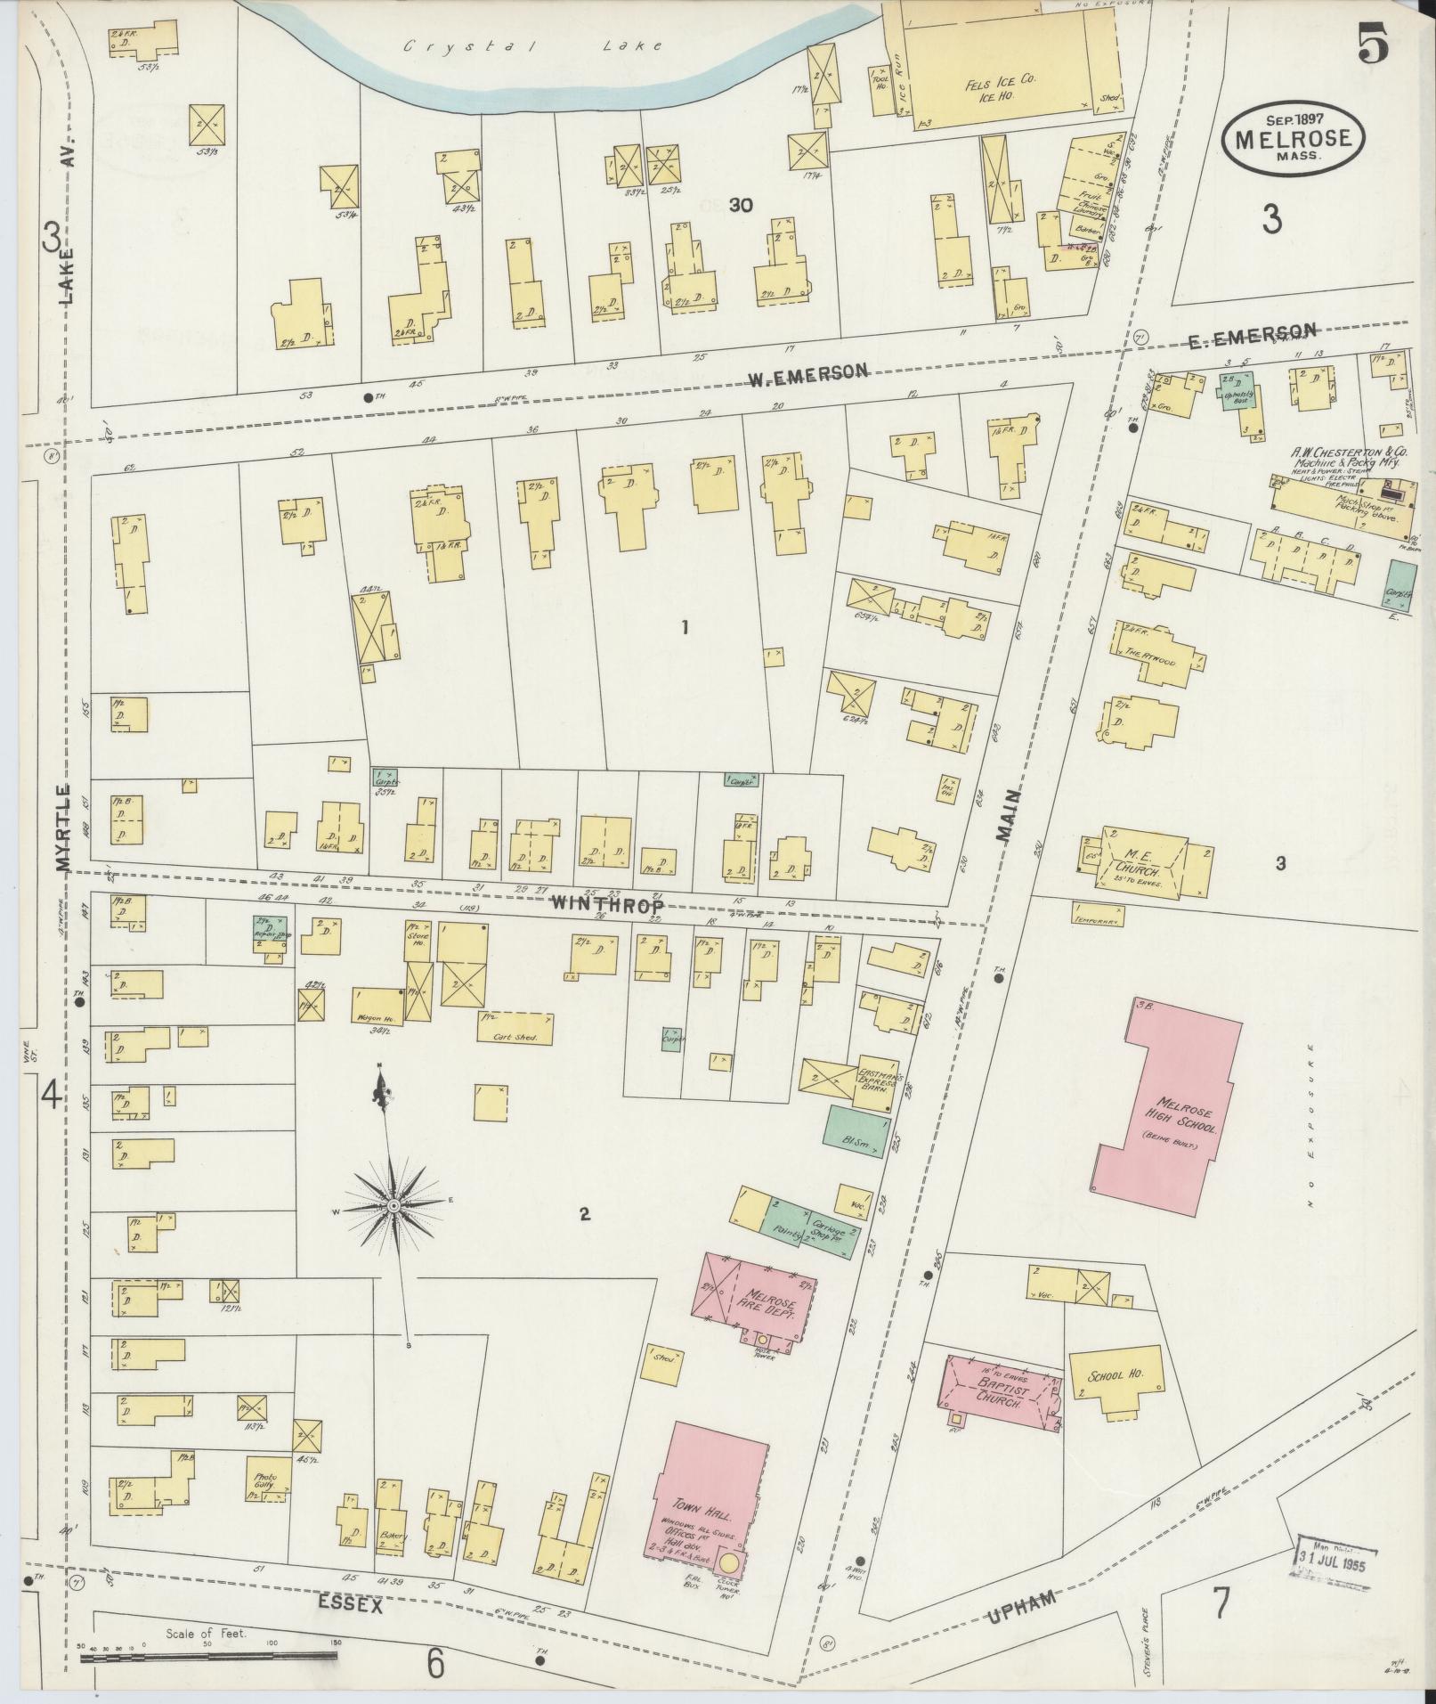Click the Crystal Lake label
tap(532, 45)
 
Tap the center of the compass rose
tap(393, 1205)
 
